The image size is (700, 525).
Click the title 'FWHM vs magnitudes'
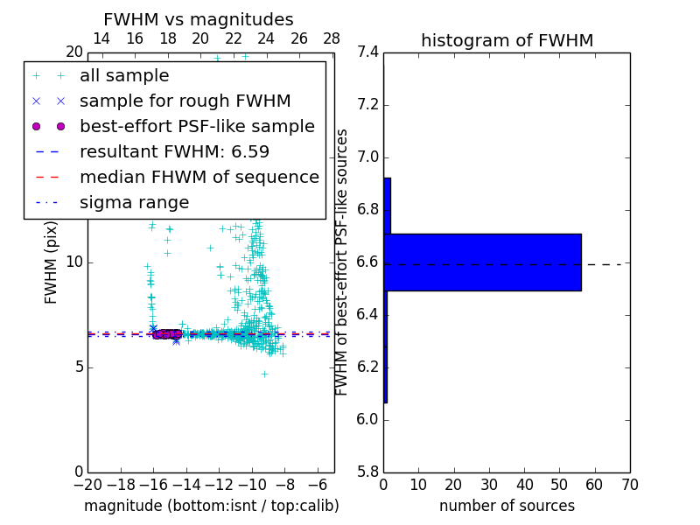[199, 20]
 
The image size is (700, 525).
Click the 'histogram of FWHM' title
[507, 40]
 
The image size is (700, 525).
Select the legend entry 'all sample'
[124, 76]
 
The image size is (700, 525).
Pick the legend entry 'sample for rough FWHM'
[185, 101]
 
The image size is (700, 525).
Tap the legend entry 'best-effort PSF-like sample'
[197, 127]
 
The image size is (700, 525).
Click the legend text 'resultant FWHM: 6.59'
[174, 152]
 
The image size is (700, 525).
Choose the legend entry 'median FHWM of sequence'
[199, 178]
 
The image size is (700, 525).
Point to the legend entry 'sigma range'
[134, 203]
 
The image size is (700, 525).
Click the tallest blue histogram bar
[482, 262]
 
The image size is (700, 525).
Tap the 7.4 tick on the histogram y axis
[368, 52]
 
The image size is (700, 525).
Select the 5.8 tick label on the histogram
[368, 472]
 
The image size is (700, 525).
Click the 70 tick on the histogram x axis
[629, 485]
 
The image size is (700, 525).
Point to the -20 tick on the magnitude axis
[87, 485]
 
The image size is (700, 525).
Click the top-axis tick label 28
[332, 38]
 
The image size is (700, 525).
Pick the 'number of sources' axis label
[507, 506]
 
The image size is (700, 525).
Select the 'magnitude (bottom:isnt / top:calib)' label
[211, 506]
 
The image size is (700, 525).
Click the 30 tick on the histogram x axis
[489, 485]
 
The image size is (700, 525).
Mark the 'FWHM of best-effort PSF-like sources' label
[343, 262]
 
